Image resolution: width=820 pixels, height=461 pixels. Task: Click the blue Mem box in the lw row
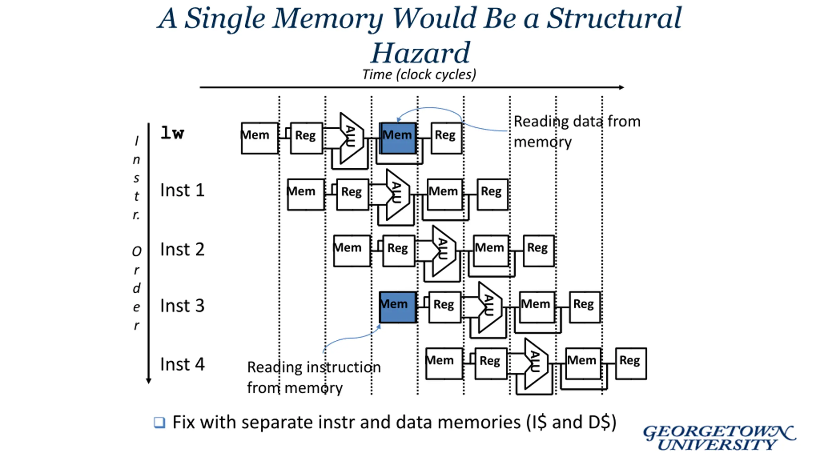click(398, 138)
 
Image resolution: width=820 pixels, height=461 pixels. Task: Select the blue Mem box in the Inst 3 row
click(398, 307)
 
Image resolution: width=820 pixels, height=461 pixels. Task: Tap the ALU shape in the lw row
click(352, 138)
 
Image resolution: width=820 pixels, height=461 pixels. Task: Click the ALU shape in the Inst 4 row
click(536, 364)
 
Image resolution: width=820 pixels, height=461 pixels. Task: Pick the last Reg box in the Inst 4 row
click(631, 364)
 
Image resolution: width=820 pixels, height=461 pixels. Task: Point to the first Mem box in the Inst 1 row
click(306, 194)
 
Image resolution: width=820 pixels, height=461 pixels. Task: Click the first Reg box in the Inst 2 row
click(399, 251)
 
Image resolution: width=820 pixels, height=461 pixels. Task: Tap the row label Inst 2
click(182, 249)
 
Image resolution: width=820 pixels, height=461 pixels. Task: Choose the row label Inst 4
click(182, 364)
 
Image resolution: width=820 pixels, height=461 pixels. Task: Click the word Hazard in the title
click(420, 53)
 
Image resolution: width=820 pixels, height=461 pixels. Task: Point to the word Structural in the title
click(614, 18)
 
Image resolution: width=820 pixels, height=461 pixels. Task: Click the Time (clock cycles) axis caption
click(419, 75)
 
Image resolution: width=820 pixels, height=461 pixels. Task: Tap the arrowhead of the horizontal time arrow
click(621, 87)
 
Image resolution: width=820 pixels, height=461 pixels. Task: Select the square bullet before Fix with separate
click(160, 423)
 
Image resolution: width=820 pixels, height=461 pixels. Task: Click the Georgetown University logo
click(719, 438)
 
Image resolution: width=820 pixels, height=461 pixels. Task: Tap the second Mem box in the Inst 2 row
click(491, 251)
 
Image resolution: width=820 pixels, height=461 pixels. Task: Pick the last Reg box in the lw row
click(446, 138)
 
